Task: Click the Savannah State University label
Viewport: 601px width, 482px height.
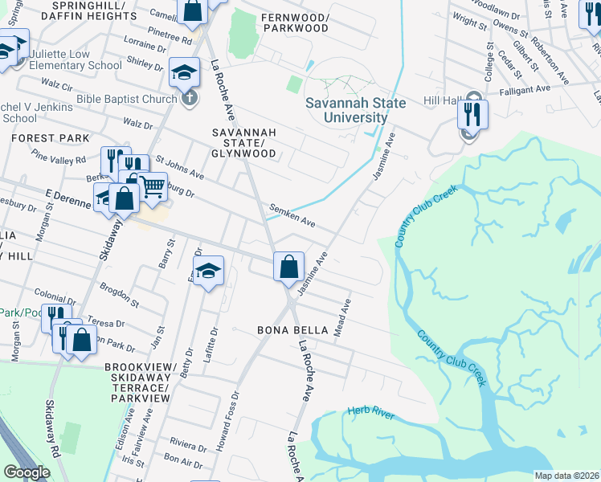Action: (x=346, y=110)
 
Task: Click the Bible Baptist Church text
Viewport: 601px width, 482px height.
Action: (x=126, y=100)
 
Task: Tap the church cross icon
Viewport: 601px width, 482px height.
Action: (x=188, y=99)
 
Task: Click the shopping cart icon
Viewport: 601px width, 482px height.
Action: (x=152, y=187)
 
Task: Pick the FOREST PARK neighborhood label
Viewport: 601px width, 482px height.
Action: (x=50, y=138)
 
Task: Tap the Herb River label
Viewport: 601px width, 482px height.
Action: (x=370, y=412)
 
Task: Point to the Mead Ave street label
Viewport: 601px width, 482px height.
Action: (x=343, y=318)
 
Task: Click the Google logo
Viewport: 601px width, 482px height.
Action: (x=27, y=472)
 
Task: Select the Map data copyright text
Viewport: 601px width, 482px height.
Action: (x=566, y=476)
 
